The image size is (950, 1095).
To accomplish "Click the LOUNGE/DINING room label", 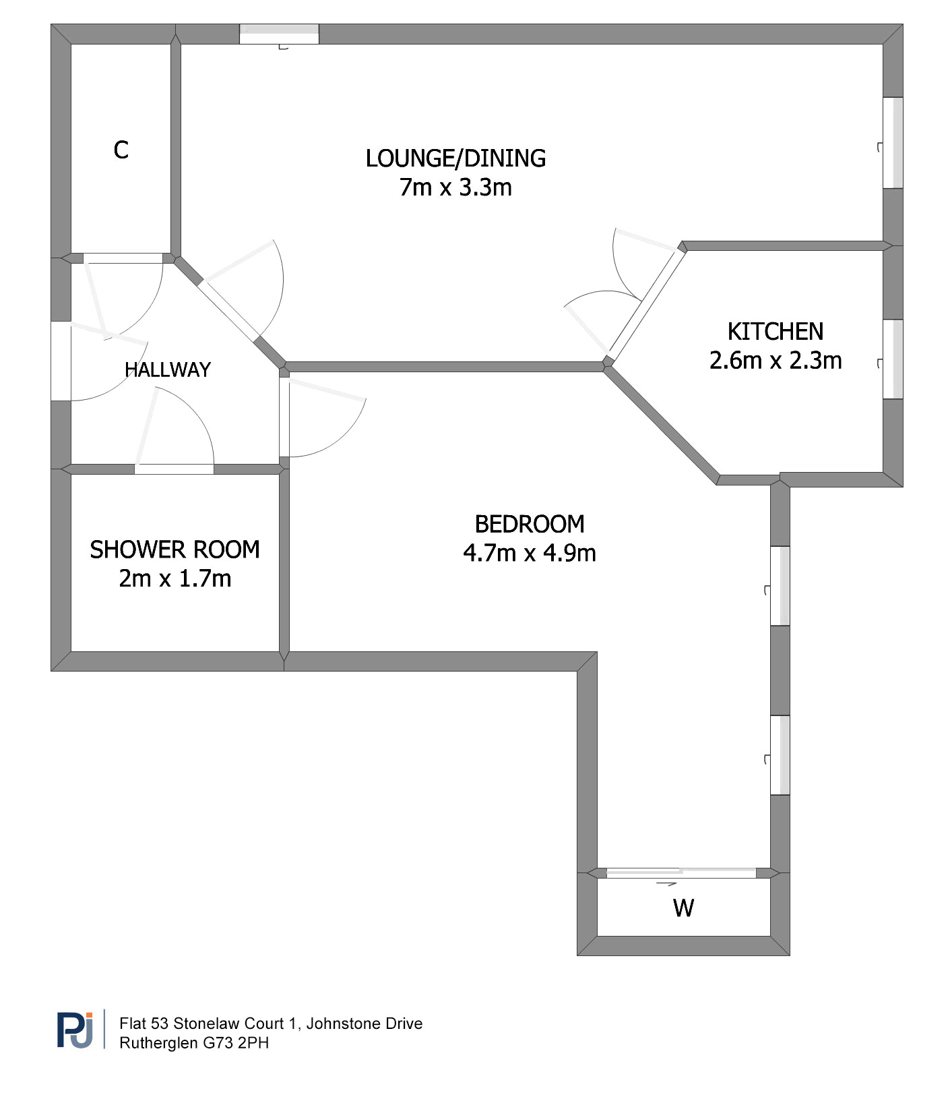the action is click(455, 158).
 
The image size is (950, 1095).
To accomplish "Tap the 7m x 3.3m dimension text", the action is click(455, 187).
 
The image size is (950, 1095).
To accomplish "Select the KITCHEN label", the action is click(775, 332).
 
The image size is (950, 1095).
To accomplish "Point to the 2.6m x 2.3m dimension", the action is click(775, 361).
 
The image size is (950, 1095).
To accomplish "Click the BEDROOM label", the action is click(530, 524).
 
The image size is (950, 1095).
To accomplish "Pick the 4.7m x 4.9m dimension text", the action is click(530, 553).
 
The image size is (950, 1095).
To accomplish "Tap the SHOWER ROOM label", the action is click(175, 550).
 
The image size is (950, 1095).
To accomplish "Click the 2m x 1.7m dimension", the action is click(175, 579).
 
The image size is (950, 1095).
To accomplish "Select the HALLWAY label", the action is click(168, 369).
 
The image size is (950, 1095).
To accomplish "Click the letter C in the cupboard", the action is click(121, 150).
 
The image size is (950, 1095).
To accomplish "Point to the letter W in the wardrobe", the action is click(683, 908).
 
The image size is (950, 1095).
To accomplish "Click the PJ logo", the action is click(75, 1030).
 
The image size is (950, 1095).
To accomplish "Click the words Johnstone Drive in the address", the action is click(365, 1024).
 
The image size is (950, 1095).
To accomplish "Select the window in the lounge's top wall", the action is click(279, 34).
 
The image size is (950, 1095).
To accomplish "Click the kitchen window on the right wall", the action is click(893, 359).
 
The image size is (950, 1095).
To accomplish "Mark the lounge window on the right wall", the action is click(893, 143).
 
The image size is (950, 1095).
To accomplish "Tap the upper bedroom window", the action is click(780, 586).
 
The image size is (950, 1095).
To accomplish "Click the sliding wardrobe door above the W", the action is click(681, 873).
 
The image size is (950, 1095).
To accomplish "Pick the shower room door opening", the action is click(174, 469).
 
